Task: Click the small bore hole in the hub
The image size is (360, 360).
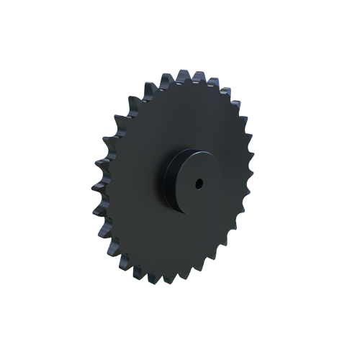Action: [199, 185]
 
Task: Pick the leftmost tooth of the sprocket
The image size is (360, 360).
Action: [96, 210]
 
